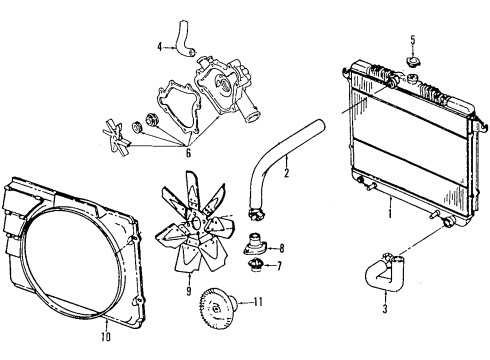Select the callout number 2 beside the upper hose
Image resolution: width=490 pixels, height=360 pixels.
pyautogui.click(x=286, y=172)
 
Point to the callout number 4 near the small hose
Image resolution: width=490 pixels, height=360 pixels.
pyautogui.click(x=159, y=46)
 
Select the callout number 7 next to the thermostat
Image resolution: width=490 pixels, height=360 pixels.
pyautogui.click(x=280, y=266)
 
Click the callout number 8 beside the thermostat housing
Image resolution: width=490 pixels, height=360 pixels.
pyautogui.click(x=281, y=247)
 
